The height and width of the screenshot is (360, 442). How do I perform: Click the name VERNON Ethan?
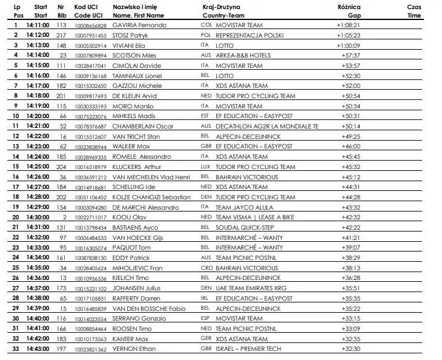pyautogui.click(x=134, y=348)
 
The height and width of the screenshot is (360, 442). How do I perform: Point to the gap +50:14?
pyautogui.click(x=350, y=125)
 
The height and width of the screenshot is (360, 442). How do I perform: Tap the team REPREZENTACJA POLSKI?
pyautogui.click(x=251, y=35)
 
